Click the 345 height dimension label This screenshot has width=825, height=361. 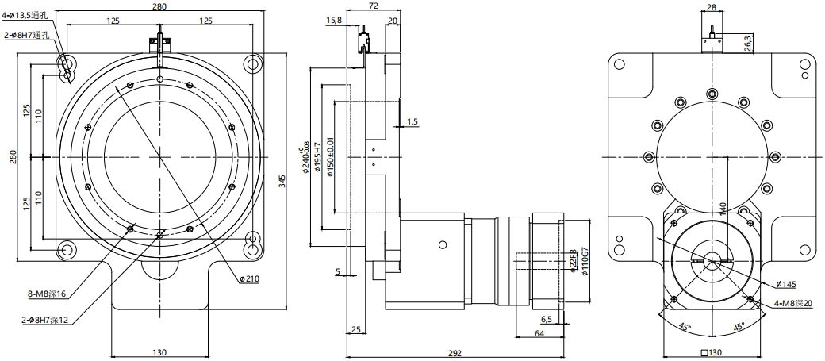[282, 181]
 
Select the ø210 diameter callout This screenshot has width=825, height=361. [251, 278]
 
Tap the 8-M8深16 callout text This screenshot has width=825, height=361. [48, 294]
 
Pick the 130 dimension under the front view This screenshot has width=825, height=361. [159, 352]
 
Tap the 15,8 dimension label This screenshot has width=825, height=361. [334, 21]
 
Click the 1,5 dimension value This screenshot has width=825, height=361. [412, 121]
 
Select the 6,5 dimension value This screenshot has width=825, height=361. [547, 319]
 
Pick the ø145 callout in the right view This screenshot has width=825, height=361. [787, 283]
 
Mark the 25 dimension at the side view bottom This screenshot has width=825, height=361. [355, 328]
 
